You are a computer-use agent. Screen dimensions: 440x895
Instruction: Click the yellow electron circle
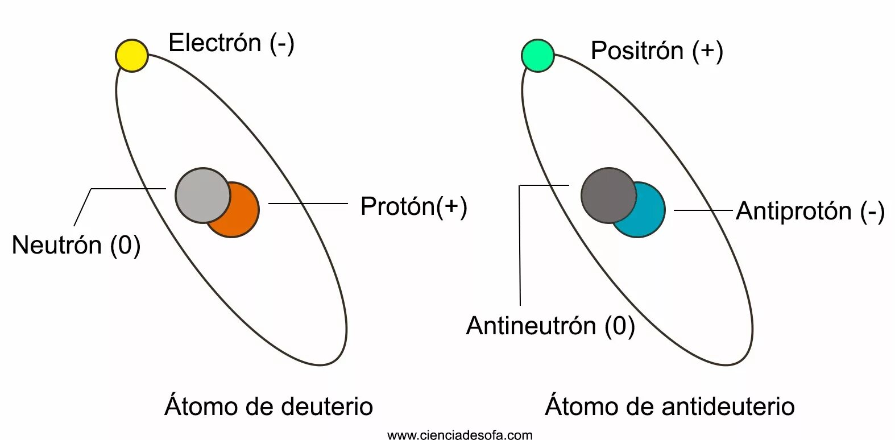coord(132,55)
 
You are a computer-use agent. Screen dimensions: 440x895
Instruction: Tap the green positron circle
coord(538,55)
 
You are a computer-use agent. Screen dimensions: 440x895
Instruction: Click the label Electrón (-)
coord(231,43)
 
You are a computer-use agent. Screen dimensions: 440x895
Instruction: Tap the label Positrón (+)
coord(657,51)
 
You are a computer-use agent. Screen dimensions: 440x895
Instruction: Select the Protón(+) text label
coord(413,206)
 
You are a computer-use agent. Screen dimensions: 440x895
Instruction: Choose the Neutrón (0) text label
coord(76,245)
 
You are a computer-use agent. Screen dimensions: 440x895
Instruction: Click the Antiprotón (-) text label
coord(810,211)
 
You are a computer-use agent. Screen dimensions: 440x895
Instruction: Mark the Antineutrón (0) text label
coord(550,326)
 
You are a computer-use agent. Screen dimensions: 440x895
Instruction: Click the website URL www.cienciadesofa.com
coord(459,435)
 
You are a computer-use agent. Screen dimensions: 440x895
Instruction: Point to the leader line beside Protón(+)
coord(308,203)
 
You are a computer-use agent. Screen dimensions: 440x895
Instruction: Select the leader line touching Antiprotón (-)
coord(703,210)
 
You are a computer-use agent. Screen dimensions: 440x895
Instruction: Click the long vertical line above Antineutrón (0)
coord(520,244)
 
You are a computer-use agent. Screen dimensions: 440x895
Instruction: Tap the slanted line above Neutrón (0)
coord(83,207)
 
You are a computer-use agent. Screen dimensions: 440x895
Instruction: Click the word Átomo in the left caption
coord(201,406)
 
